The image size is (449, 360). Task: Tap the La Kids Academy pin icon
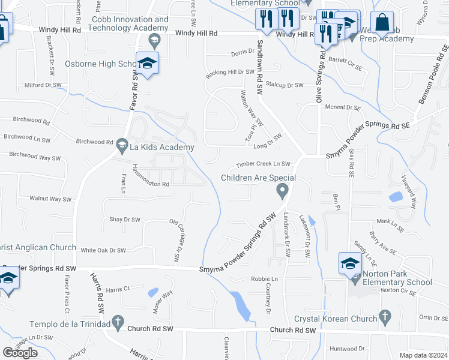pos(122,144)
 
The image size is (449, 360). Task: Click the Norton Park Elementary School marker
pos(350,263)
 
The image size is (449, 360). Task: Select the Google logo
pos(20,353)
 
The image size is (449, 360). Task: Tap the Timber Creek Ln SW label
pos(262,164)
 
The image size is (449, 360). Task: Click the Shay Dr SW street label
pos(124,220)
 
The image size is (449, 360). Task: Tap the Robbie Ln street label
pos(264,279)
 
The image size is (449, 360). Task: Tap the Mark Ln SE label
pos(388,221)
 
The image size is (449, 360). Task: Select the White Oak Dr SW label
pos(103,250)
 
